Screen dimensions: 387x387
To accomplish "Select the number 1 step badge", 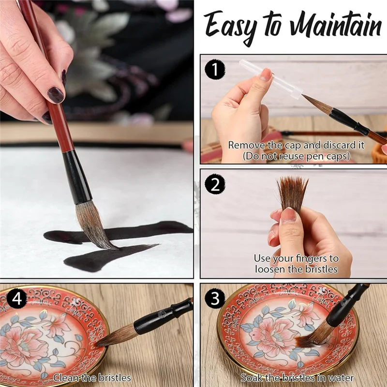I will point(214,70).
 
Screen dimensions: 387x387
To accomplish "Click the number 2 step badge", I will point(214,185).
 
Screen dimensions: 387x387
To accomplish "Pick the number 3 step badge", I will point(214,298).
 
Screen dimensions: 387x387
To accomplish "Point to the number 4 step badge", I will point(16,298).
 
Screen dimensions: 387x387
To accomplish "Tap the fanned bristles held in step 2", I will point(293,191).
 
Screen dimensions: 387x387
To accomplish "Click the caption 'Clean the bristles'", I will point(92,377).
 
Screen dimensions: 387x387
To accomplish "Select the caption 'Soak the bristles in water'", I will point(297,377).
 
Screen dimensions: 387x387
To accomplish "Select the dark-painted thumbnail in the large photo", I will point(55,94).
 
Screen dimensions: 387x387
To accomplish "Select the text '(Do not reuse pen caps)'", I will point(297,156).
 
